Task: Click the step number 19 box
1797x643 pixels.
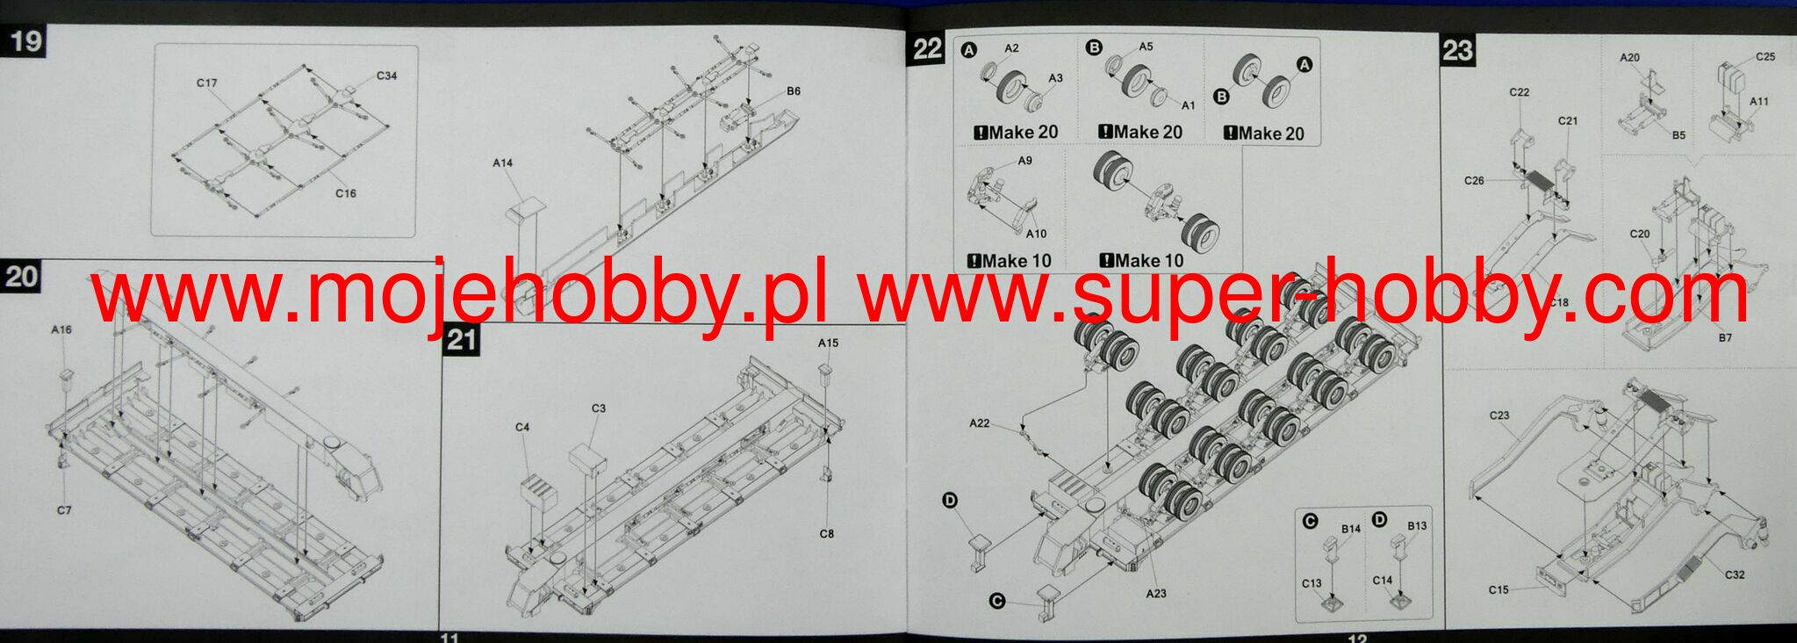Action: pos(24,41)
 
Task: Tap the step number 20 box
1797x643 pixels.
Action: pos(21,277)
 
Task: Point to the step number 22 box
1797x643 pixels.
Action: pos(927,48)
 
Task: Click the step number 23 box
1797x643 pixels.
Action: pos(1457,50)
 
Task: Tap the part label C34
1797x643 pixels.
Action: pos(386,76)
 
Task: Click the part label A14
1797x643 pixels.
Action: pos(502,163)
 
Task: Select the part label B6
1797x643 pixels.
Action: pos(794,90)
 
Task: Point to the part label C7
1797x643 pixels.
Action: pos(64,510)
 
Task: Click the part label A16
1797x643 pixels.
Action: pos(61,329)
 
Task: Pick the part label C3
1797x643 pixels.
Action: pos(599,408)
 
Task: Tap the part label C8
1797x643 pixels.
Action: pos(826,533)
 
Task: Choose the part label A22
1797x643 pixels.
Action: pos(979,423)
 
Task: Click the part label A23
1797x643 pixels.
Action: pos(1156,594)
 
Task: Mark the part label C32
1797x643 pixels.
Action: pos(1735,574)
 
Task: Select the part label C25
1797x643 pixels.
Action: pos(1765,56)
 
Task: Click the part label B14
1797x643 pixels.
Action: pos(1350,529)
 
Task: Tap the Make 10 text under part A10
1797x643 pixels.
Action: pos(1010,261)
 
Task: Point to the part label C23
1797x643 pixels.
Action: pos(1499,415)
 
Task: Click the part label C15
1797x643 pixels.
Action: pos(1499,589)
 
